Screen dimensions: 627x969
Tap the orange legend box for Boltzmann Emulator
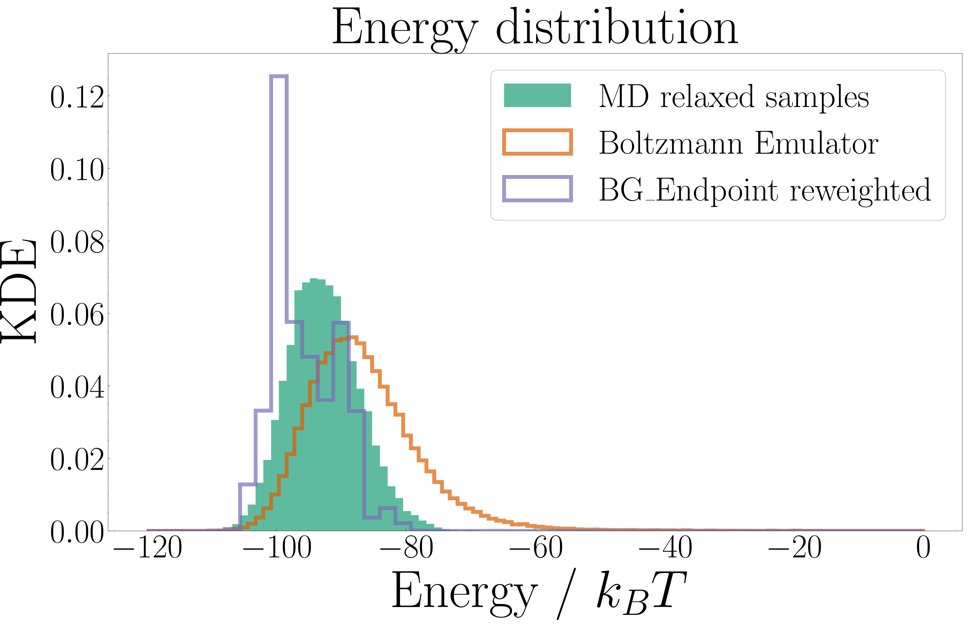point(537,142)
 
